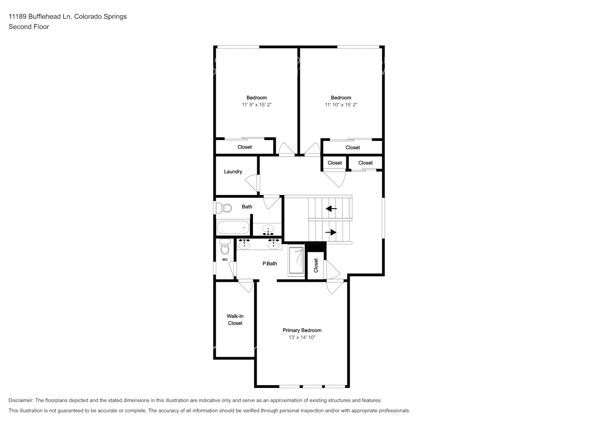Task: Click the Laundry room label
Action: [x=233, y=172]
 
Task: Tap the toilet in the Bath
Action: [x=224, y=208]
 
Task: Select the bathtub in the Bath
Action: [x=233, y=228]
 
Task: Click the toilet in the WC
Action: [x=225, y=247]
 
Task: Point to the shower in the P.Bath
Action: [x=296, y=261]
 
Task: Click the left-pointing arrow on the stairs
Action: [x=331, y=208]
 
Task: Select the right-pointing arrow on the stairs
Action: [x=331, y=232]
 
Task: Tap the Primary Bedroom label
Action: [x=302, y=330]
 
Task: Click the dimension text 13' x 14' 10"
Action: [x=302, y=338]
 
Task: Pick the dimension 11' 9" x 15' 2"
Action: [x=257, y=104]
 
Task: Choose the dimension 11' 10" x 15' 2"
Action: [x=341, y=104]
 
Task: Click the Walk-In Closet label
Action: [x=235, y=320]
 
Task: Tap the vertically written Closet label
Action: [x=316, y=266]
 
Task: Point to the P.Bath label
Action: [x=270, y=264]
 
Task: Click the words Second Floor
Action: [x=29, y=27]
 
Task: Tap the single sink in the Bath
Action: [x=268, y=230]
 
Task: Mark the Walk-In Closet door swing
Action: [x=246, y=286]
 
